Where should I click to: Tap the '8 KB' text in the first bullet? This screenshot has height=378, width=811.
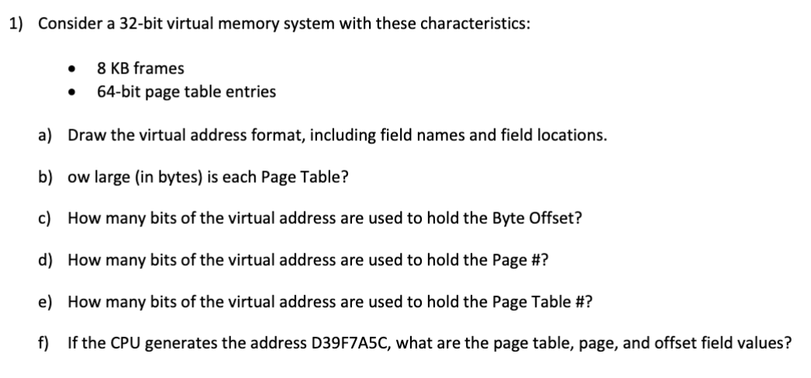click(113, 68)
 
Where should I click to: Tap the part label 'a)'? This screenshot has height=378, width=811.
click(45, 136)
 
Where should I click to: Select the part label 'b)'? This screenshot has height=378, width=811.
click(45, 177)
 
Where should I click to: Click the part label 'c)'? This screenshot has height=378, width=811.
click(45, 218)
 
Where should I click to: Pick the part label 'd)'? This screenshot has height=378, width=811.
click(45, 260)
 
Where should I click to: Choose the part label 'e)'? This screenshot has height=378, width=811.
click(45, 301)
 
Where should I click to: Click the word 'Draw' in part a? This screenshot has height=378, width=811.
click(85, 136)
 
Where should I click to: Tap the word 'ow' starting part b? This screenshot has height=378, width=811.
click(77, 177)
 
